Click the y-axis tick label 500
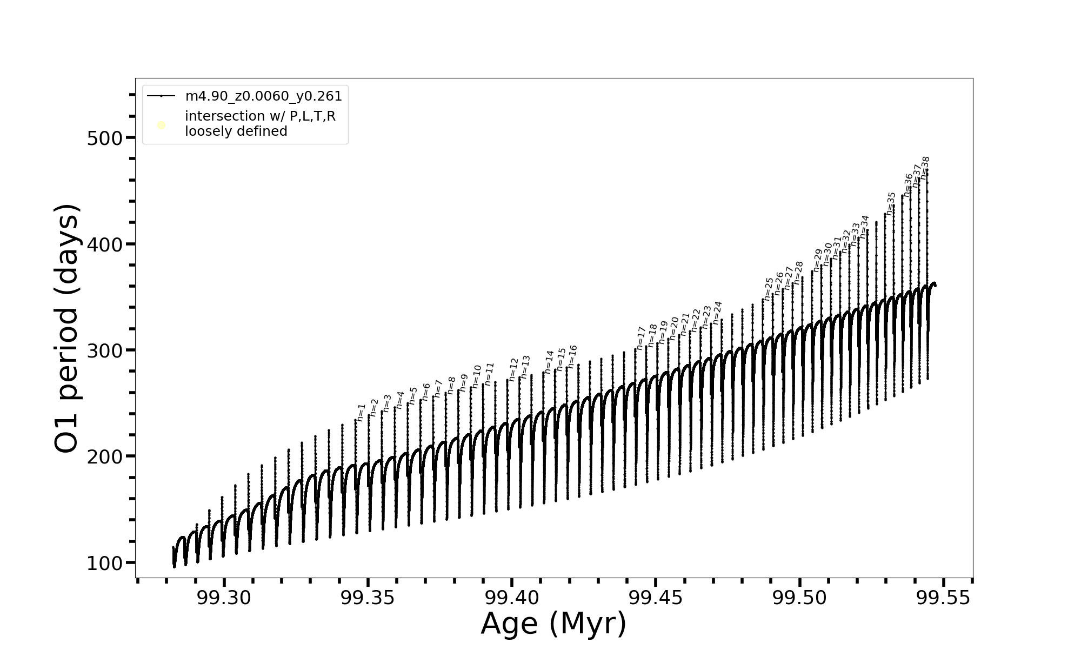(105, 138)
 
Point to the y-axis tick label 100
(105, 563)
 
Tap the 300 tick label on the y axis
(105, 351)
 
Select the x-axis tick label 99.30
(224, 598)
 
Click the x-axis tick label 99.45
(656, 598)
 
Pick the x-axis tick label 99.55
(944, 598)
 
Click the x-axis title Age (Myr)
(553, 624)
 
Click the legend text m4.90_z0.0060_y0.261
(263, 96)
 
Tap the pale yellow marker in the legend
(161, 125)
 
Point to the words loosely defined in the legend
(236, 131)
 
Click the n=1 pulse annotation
(361, 412)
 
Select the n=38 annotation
(925, 168)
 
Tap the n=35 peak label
(891, 203)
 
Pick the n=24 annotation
(717, 313)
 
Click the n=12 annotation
(513, 369)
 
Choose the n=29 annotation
(817, 260)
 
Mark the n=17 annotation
(641, 338)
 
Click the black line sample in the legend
(161, 96)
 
